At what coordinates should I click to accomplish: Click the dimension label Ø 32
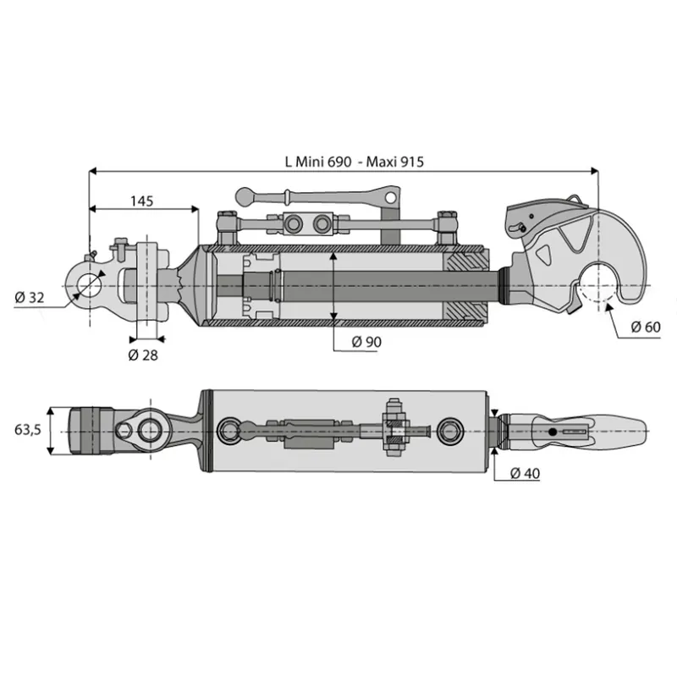pos(30,298)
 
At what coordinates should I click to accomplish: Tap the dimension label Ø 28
pos(143,355)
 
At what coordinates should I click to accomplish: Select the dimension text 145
pos(142,201)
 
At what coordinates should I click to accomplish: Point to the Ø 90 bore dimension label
pos(366,342)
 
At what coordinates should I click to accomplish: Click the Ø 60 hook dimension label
pos(646,327)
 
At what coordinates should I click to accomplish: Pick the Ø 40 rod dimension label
pos(525,473)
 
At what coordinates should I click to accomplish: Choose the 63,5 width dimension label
pos(28,430)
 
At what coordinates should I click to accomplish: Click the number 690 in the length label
pos(339,162)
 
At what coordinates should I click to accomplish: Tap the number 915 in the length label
pos(412,162)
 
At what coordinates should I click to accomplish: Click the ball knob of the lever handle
pos(245,196)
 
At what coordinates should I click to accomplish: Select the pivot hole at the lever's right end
pos(390,197)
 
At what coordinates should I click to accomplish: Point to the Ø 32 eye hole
pos(90,285)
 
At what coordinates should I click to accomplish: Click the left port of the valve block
pos(295,223)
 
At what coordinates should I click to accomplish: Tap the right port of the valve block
pos(322,223)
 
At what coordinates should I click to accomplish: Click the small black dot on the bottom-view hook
pos(553,432)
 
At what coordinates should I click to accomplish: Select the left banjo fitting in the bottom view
pos(230,431)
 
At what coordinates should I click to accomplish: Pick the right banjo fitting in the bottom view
pos(450,431)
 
